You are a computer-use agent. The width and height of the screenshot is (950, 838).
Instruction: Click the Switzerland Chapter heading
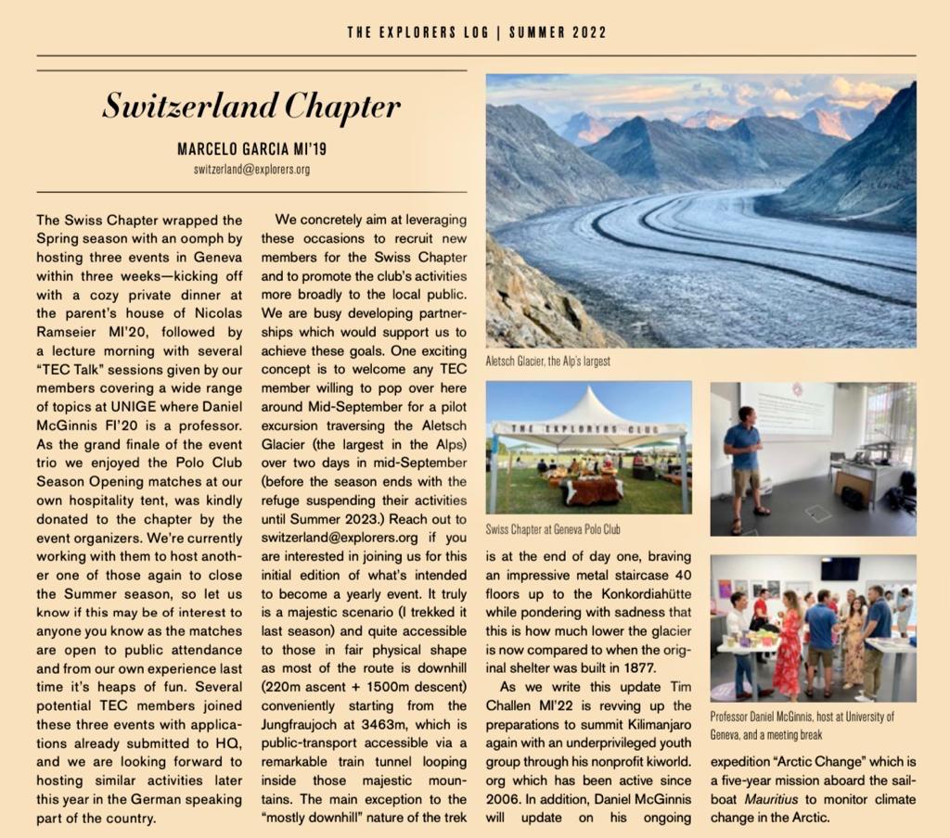coord(250,107)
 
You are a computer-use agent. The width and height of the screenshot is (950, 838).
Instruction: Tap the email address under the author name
coord(251,170)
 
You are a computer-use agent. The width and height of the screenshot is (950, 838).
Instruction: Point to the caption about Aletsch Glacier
coord(548,361)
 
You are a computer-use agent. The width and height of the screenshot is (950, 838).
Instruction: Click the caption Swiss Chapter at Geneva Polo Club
coord(553,529)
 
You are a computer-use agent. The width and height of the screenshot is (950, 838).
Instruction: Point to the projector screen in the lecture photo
coord(787,409)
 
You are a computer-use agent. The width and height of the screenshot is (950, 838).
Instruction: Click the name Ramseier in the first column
coord(73,332)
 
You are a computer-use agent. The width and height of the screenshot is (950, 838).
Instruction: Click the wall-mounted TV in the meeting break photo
coord(840,567)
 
